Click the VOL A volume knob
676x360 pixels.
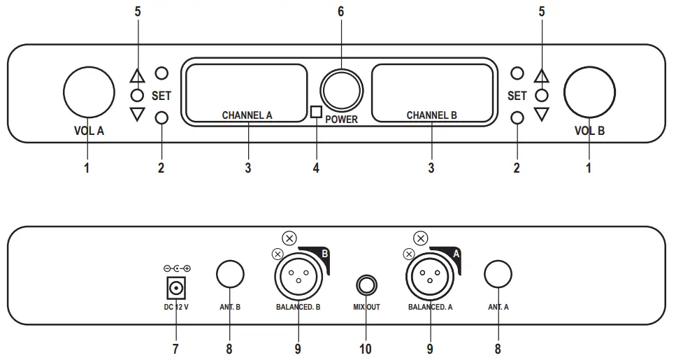pos(89,92)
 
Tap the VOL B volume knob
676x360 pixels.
pos(589,92)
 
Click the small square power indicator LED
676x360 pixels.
pos(316,111)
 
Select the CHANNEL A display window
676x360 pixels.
pos(246,92)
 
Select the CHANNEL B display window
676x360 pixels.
pos(431,92)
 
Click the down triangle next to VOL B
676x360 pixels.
pos(541,114)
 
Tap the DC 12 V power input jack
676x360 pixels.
pos(175,287)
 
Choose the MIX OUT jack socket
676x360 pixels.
pos(366,285)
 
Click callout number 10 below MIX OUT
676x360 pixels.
pos(365,347)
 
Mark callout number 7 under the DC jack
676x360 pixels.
pos(175,347)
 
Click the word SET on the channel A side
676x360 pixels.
pos(161,95)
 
